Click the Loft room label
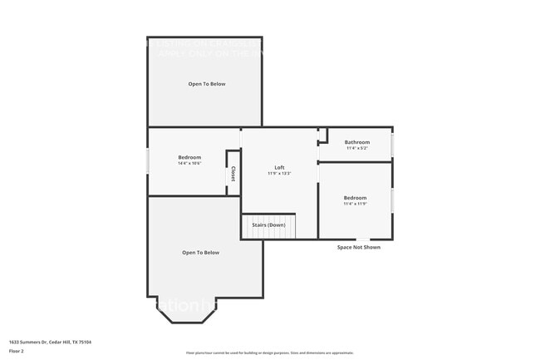coord(280,167)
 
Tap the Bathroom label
coord(357,142)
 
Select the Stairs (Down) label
coord(268,225)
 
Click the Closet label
coord(233,173)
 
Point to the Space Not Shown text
coord(359,247)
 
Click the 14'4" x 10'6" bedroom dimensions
coord(189,164)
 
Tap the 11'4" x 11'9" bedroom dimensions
coord(355,204)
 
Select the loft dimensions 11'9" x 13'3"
coord(280,174)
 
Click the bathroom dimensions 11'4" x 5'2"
coord(357,148)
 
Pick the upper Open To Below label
coord(206,84)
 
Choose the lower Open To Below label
coord(201,253)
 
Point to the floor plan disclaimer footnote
coord(270,352)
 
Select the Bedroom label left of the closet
coord(189,157)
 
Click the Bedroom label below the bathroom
coord(355,198)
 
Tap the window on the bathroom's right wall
coord(393,145)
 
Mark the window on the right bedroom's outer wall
coord(393,200)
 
